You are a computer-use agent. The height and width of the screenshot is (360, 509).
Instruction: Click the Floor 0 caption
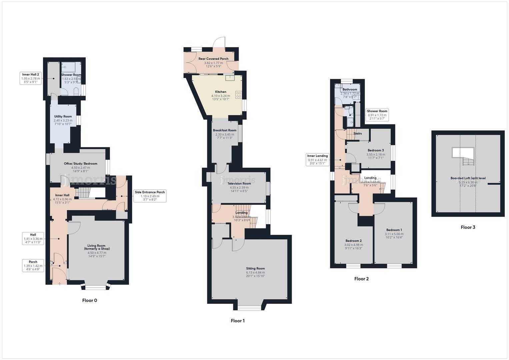[90, 300]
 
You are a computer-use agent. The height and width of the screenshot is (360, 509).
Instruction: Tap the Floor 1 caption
[238, 321]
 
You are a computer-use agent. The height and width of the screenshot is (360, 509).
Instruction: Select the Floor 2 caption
[361, 279]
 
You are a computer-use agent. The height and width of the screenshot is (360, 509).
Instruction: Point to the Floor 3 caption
[468, 227]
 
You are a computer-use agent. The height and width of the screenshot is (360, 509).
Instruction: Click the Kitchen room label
[221, 92]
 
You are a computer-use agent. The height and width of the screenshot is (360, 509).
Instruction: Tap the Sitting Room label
[255, 268]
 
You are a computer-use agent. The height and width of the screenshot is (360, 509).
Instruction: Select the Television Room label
[239, 183]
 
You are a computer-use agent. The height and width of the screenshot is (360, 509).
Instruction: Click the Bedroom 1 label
[394, 230]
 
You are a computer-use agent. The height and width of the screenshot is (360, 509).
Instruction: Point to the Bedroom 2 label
[353, 241]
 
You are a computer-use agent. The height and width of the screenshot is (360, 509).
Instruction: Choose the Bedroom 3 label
[376, 150]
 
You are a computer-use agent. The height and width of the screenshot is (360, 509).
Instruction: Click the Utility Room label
[63, 116]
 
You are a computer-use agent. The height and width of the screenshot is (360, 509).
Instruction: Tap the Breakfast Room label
[225, 130]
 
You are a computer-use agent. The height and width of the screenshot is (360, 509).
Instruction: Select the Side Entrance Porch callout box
[150, 196]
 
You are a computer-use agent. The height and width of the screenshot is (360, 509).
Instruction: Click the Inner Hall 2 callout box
[31, 78]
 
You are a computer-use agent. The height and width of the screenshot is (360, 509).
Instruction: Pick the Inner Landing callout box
[317, 160]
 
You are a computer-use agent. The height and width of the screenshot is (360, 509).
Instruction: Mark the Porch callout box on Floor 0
[33, 265]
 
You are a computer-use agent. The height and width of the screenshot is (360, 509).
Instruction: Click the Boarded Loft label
[468, 178]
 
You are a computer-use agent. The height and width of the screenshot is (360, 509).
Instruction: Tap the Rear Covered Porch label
[213, 59]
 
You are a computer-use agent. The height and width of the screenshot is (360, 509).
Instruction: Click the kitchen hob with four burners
[239, 94]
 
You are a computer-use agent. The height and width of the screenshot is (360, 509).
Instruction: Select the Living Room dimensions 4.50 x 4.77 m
[97, 253]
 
